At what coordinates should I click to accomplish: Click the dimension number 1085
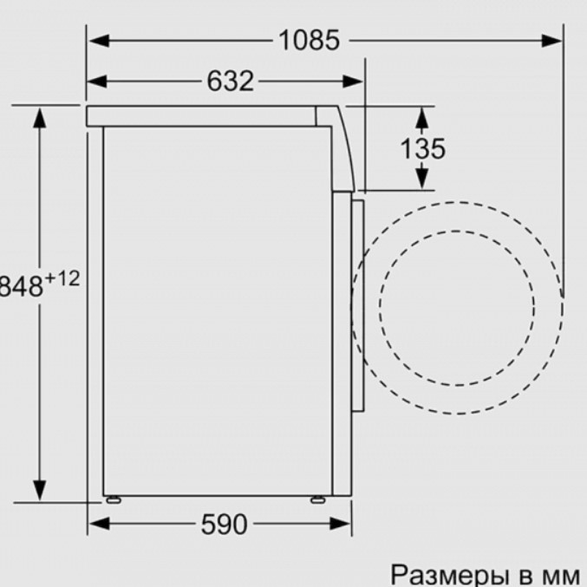310,40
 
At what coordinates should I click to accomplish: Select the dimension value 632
231,81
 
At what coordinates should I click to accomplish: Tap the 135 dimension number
423,148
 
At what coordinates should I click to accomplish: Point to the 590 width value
225,524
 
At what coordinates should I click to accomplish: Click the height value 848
22,287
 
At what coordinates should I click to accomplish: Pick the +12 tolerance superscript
62,279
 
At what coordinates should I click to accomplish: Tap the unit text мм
558,575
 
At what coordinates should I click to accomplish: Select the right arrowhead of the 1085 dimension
551,41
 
